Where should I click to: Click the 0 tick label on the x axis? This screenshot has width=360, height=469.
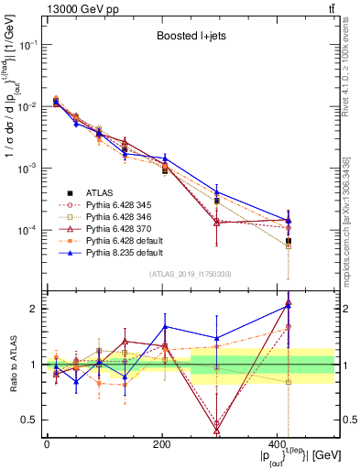tap(47, 444)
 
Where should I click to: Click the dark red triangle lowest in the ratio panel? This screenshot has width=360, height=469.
tap(216, 427)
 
